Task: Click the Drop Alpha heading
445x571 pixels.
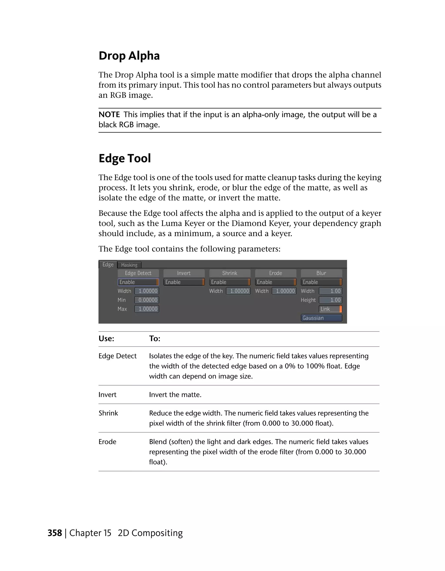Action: pos(129,56)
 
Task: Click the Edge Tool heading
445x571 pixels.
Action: pos(125,159)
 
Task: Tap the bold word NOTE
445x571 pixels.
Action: pos(109,115)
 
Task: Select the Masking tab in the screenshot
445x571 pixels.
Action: pos(129,265)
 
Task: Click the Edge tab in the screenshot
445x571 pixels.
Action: pos(108,265)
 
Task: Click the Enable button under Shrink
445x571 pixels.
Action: pos(229,282)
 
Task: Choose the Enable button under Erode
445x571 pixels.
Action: pos(275,282)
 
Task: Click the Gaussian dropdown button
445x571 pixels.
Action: pos(321,318)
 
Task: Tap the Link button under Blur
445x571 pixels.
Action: pos(330,309)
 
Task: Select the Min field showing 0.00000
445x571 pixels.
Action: pos(147,300)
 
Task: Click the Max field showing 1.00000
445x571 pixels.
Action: pos(147,309)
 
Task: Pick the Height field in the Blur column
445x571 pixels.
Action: pos(330,300)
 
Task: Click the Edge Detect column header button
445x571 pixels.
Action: pos(138,273)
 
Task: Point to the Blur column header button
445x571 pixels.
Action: pos(321,273)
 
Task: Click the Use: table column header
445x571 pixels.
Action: pos(106,339)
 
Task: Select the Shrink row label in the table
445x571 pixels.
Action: pos(108,413)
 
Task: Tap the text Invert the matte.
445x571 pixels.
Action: pos(175,395)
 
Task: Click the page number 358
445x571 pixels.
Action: pos(55,533)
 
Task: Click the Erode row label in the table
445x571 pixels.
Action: pos(107,442)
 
